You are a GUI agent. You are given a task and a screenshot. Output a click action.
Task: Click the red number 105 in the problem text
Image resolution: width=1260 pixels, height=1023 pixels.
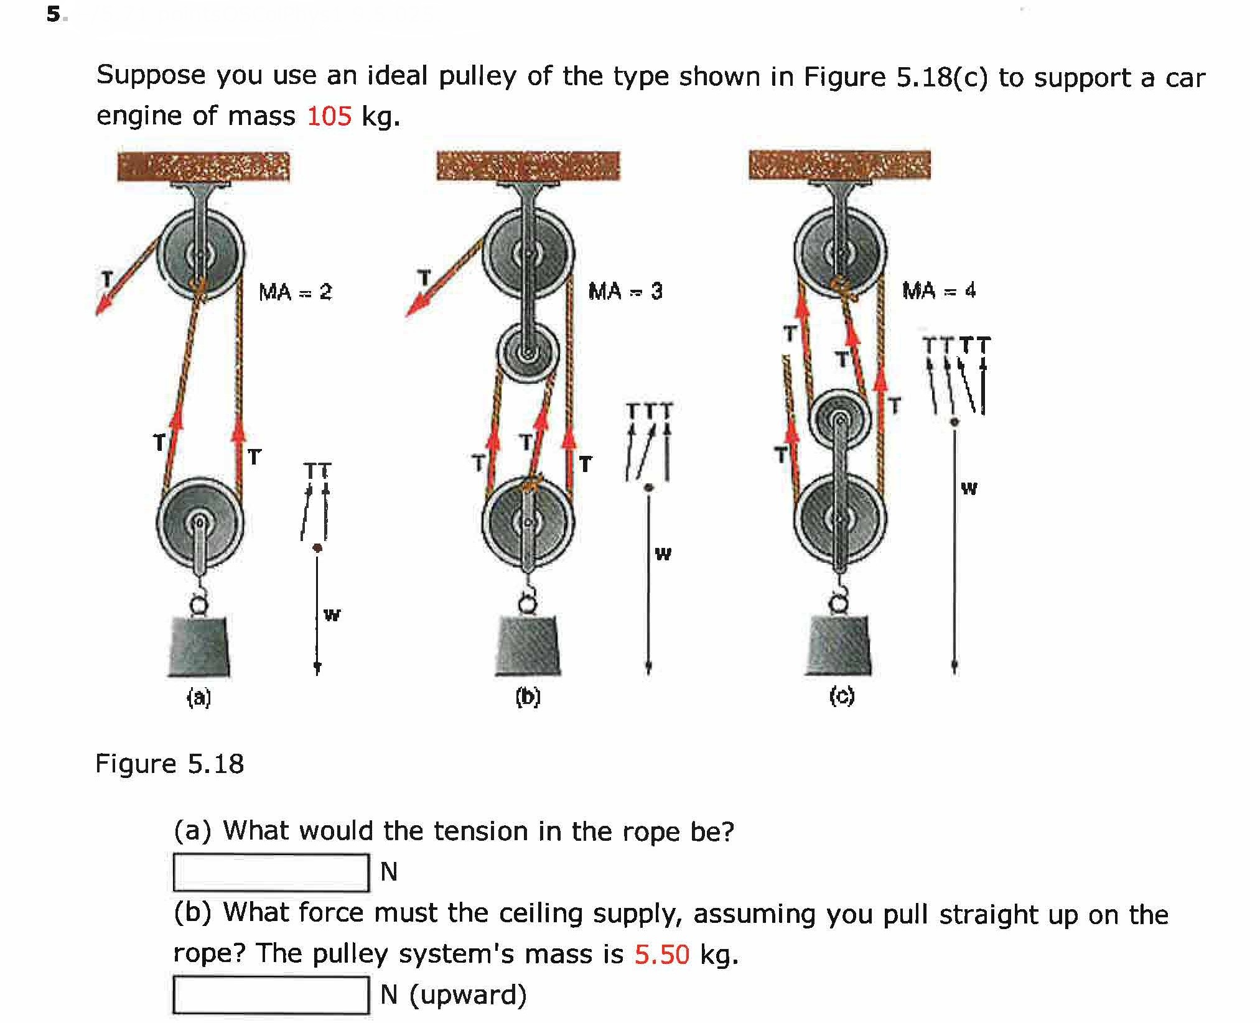329,116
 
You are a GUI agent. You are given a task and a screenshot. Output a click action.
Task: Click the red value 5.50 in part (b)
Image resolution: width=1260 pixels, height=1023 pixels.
661,954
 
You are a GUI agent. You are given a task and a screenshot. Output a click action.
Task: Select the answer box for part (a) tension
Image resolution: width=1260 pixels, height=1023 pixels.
271,873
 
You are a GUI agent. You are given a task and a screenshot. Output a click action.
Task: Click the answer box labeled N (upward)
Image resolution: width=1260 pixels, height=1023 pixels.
271,995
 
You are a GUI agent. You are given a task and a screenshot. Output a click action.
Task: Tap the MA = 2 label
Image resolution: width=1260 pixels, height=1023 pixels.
295,292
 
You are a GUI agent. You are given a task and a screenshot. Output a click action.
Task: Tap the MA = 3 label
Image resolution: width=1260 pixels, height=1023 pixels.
625,291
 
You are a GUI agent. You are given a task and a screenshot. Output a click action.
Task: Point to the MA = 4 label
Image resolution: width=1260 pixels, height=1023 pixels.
939,290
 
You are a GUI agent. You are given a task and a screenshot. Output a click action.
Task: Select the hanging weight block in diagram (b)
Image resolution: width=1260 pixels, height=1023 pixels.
528,647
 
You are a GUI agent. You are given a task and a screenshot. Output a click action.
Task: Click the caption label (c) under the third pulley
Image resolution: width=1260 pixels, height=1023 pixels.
842,697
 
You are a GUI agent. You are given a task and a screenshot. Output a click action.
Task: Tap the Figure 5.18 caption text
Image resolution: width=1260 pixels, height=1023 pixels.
169,764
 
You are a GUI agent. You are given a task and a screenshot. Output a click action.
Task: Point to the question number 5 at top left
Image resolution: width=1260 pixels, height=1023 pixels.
54,14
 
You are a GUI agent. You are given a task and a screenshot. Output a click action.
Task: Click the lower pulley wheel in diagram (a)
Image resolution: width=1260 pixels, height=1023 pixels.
200,521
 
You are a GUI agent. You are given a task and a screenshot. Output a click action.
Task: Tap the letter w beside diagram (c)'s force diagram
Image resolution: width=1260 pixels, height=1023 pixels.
968,488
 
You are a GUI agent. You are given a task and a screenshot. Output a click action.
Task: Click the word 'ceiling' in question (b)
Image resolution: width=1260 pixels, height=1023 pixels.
541,914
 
